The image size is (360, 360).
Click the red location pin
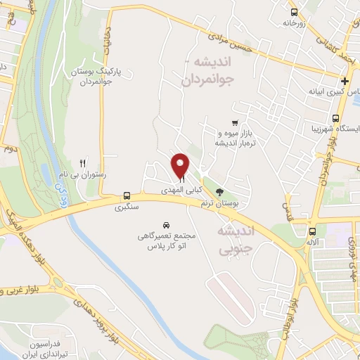coord(181,165)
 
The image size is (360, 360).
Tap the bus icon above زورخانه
coord(293,11)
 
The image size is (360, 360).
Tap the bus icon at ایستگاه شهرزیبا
coord(337,118)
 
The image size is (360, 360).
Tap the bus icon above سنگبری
coord(127,196)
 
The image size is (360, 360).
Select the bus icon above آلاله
coord(312,231)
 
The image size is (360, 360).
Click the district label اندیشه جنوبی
coord(235,238)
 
